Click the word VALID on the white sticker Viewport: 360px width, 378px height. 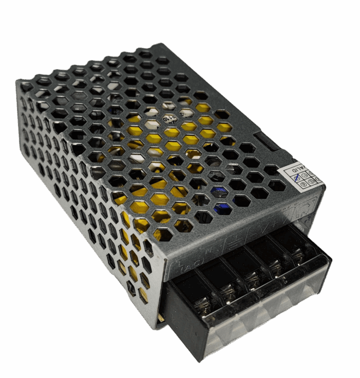(x=299, y=168)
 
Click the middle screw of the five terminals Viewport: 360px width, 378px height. (x=251, y=278)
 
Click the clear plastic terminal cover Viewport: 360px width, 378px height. (x=267, y=314)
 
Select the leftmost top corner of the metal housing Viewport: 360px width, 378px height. (x=19, y=82)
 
